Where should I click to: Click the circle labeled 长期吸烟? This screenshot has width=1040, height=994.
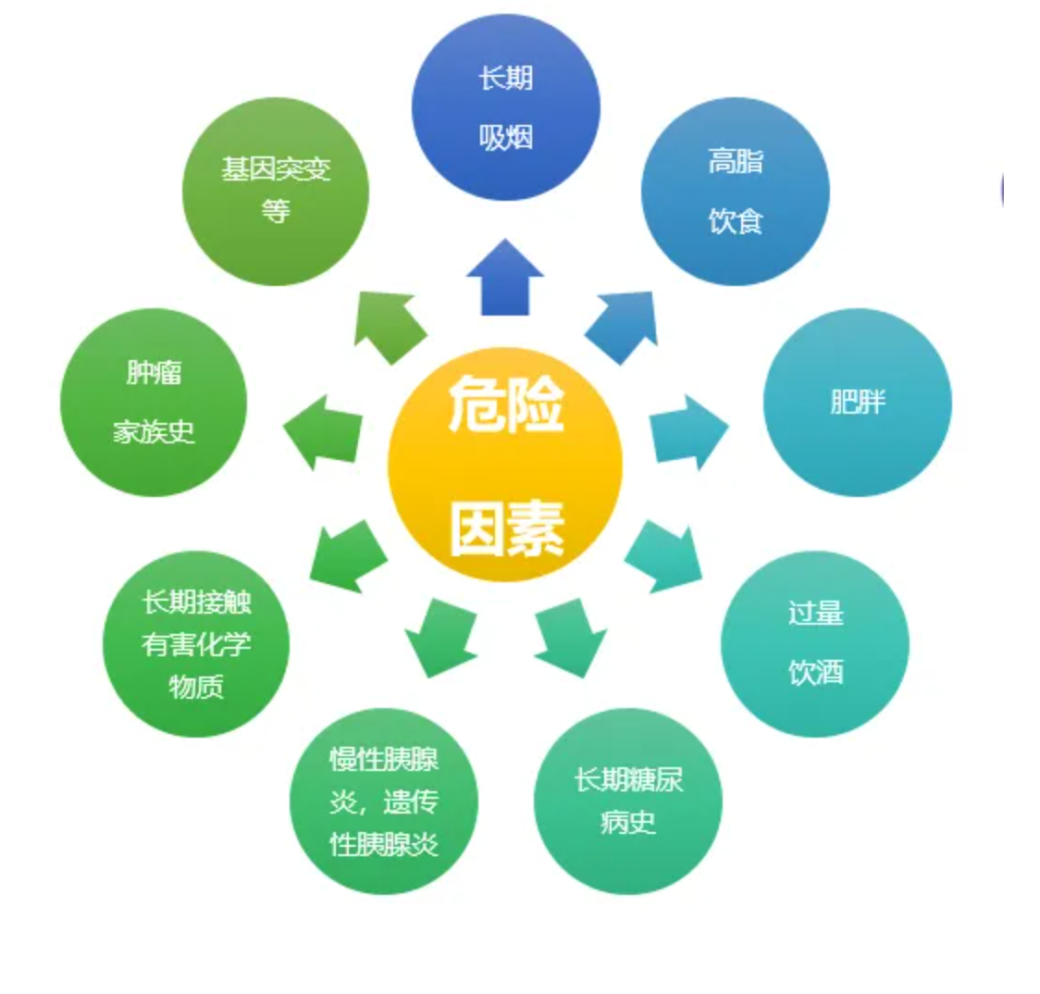click(x=505, y=106)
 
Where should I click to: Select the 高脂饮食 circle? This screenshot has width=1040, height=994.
click(x=735, y=192)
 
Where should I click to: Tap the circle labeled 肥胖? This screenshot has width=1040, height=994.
click(x=857, y=403)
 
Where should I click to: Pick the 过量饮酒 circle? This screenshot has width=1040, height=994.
click(x=814, y=644)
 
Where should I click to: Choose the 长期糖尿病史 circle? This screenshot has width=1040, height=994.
click(x=628, y=801)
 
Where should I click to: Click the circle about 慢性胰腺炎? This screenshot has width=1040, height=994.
click(x=384, y=801)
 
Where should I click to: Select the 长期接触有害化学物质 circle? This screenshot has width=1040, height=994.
click(x=196, y=644)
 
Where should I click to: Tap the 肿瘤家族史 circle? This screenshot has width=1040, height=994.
click(x=154, y=403)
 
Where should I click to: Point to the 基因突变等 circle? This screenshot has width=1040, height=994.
click(x=276, y=192)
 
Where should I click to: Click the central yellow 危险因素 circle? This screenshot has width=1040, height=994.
click(x=505, y=465)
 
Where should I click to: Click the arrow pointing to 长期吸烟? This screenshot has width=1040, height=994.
click(x=505, y=278)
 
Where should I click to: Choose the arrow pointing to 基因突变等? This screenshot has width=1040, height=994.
click(x=388, y=325)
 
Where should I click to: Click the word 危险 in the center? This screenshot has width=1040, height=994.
click(x=506, y=406)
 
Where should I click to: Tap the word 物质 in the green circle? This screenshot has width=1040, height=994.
click(x=196, y=686)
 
